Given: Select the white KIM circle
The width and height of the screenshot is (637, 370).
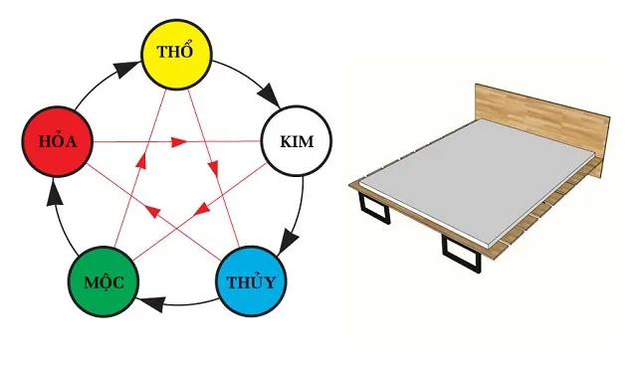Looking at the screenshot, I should pos(294,142).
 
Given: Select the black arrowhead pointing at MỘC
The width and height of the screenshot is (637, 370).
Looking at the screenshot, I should pos(149,298).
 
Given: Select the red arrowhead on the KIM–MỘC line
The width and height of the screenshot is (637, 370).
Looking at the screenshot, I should pos(200,210).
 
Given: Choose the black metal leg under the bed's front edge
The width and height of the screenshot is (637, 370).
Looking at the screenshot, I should pos(460,253).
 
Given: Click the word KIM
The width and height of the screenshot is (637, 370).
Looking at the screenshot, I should pos(294,142).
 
